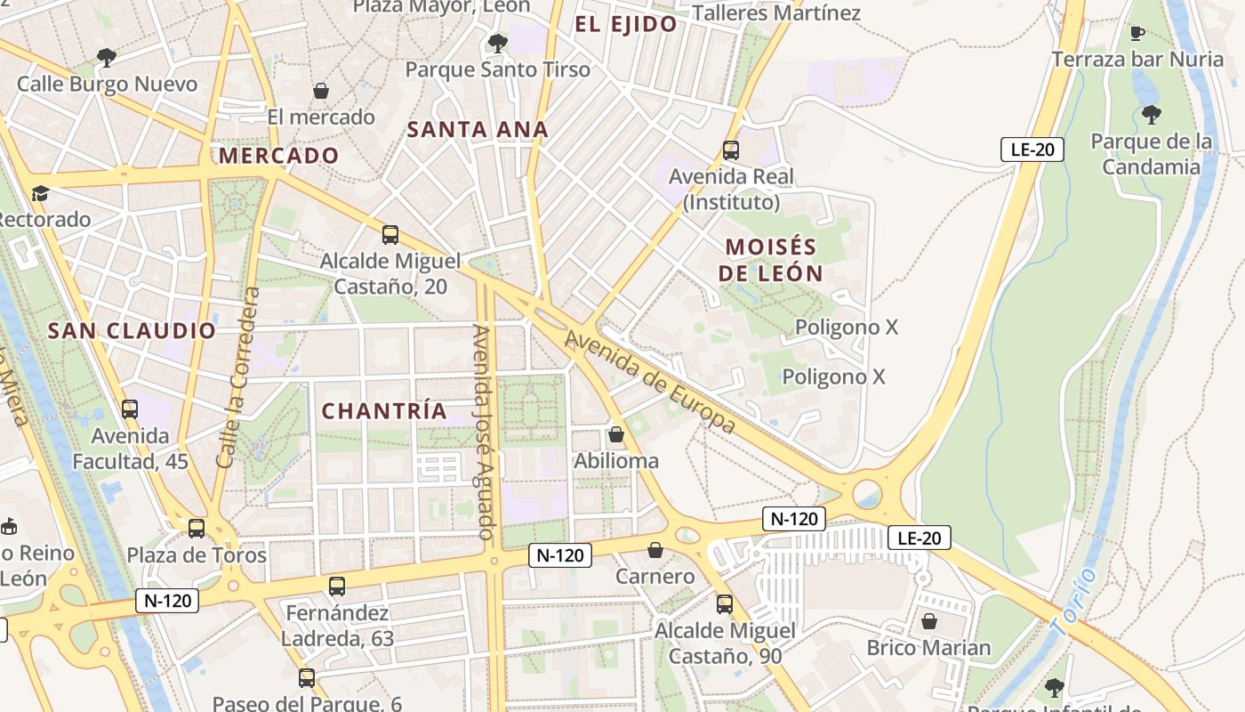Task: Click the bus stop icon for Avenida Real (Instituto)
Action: tap(731, 150)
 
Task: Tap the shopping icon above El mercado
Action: tap(321, 91)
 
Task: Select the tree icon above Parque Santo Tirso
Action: tap(497, 43)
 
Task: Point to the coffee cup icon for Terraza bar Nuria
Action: tap(1137, 34)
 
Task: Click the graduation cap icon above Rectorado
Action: tap(40, 194)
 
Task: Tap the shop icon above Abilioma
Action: tap(615, 435)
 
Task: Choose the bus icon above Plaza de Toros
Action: tap(197, 529)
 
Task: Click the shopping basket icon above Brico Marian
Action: tap(929, 621)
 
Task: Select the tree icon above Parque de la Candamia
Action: tap(1152, 115)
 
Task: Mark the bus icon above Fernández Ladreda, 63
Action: tap(337, 587)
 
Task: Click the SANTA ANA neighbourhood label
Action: tap(478, 129)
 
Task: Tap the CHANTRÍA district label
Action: tap(384, 411)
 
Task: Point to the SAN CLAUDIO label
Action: tap(132, 331)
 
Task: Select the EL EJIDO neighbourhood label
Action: tap(626, 24)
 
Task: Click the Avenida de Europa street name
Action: tap(651, 383)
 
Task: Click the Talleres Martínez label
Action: tap(776, 12)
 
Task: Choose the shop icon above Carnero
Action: tap(655, 551)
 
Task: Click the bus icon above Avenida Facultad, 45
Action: tap(130, 409)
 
